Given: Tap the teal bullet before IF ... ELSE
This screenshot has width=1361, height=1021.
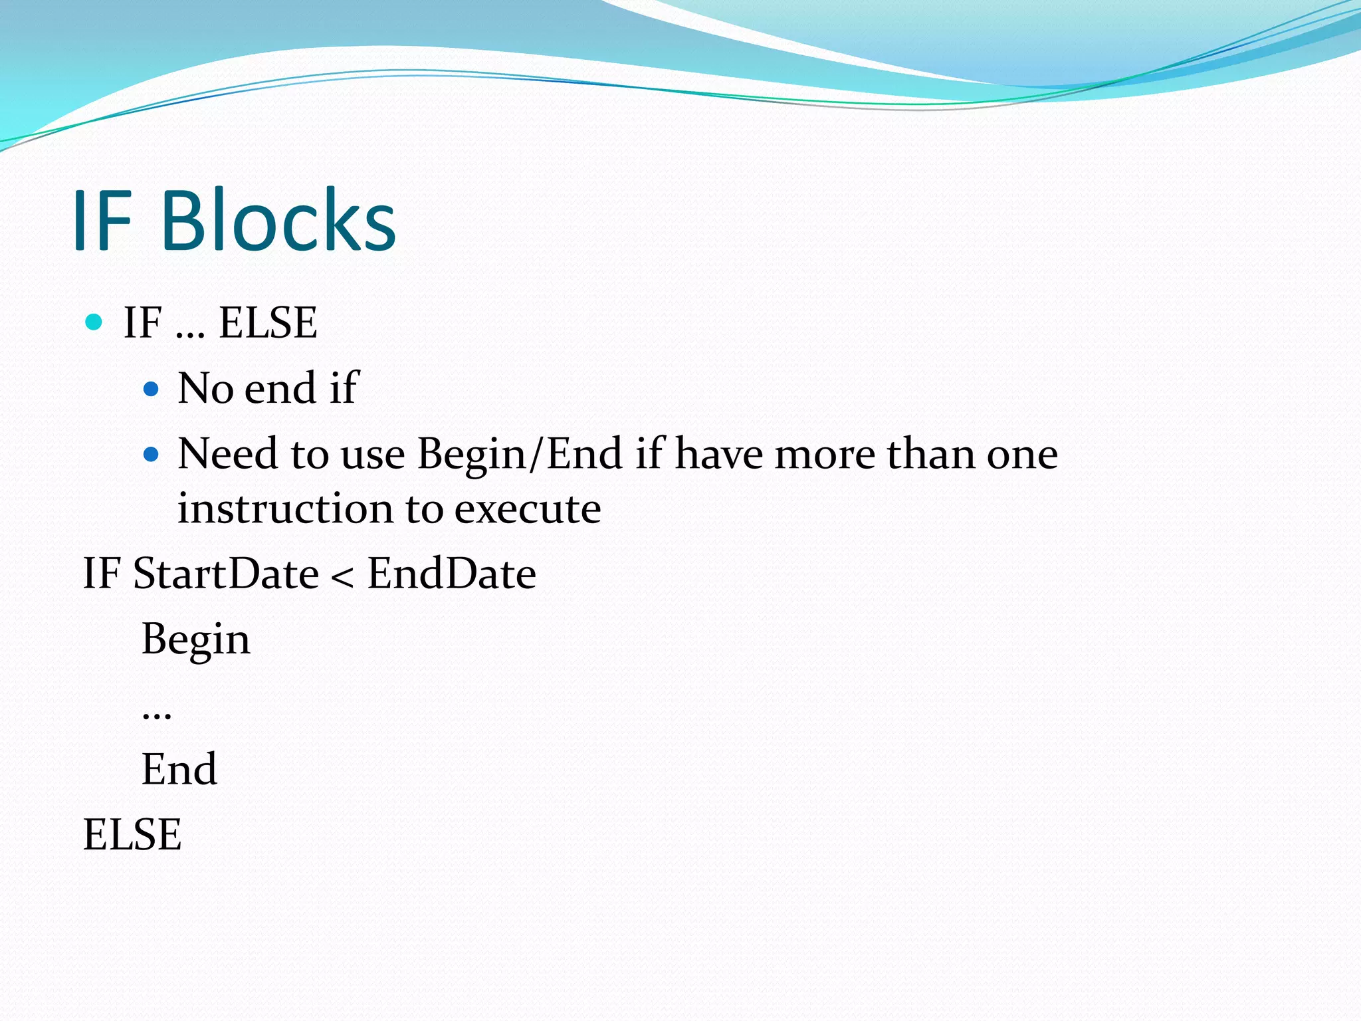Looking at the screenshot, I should (x=94, y=322).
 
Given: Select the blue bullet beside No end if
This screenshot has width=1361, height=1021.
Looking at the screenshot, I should (x=152, y=388).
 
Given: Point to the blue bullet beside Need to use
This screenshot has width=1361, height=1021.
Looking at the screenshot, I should (x=152, y=455).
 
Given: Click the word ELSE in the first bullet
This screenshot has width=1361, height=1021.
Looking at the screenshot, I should (x=268, y=323).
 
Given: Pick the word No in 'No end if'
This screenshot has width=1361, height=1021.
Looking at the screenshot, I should (x=205, y=388).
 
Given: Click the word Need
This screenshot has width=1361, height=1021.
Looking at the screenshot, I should (x=227, y=455).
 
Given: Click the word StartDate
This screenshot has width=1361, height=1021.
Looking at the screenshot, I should (x=226, y=573).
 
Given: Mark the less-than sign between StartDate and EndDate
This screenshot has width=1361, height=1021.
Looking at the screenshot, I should (x=342, y=576).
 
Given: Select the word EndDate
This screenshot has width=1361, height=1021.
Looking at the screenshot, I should (x=452, y=573).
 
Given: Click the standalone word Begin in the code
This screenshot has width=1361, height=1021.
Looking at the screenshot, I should (x=196, y=639).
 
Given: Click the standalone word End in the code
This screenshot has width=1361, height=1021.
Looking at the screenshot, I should (x=179, y=769).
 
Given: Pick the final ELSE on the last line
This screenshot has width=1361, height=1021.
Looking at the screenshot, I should (x=132, y=835).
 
